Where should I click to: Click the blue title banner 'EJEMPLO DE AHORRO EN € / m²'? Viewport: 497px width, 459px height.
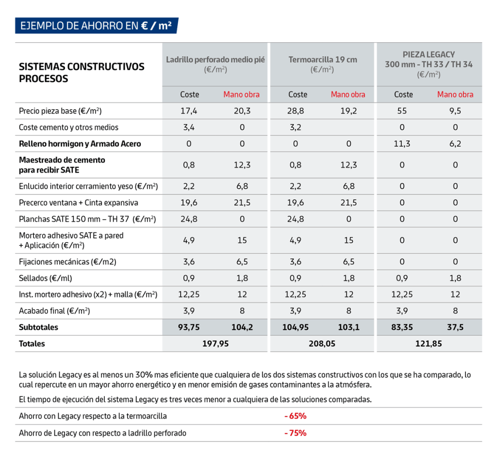pyautogui.click(x=97, y=26)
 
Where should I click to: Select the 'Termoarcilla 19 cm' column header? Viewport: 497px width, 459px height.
pyautogui.click(x=323, y=60)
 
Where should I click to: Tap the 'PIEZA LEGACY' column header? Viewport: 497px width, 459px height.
pyautogui.click(x=429, y=54)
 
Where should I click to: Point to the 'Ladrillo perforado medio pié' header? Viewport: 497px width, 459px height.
pyautogui.click(x=215, y=60)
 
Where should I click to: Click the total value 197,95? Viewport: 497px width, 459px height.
pyautogui.click(x=215, y=344)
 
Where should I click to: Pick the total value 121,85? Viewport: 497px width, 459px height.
pyautogui.click(x=429, y=344)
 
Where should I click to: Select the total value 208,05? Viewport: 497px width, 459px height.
pyautogui.click(x=322, y=344)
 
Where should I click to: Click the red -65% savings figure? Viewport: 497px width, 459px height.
pyautogui.click(x=296, y=416)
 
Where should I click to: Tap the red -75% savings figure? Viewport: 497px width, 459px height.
pyautogui.click(x=296, y=433)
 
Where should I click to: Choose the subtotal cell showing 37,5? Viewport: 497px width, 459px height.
pyautogui.click(x=455, y=327)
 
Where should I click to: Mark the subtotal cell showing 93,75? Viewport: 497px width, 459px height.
pyautogui.click(x=189, y=327)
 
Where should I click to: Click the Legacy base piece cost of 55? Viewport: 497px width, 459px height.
pyautogui.click(x=402, y=111)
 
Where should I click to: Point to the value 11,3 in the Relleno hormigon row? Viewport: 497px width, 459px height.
pyautogui.click(x=402, y=144)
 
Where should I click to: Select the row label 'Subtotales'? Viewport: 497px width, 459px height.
pyautogui.click(x=38, y=327)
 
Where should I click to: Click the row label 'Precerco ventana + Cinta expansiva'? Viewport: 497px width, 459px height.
pyautogui.click(x=78, y=203)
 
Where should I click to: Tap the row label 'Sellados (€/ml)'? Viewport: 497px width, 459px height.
pyautogui.click(x=45, y=278)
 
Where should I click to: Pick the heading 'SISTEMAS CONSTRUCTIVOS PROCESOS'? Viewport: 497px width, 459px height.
pyautogui.click(x=82, y=73)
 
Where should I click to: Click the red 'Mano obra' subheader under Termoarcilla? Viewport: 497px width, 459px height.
pyautogui.click(x=348, y=95)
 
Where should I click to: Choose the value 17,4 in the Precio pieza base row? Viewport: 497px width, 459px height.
pyautogui.click(x=189, y=111)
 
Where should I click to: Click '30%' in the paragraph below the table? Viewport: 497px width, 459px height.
pyautogui.click(x=144, y=375)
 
